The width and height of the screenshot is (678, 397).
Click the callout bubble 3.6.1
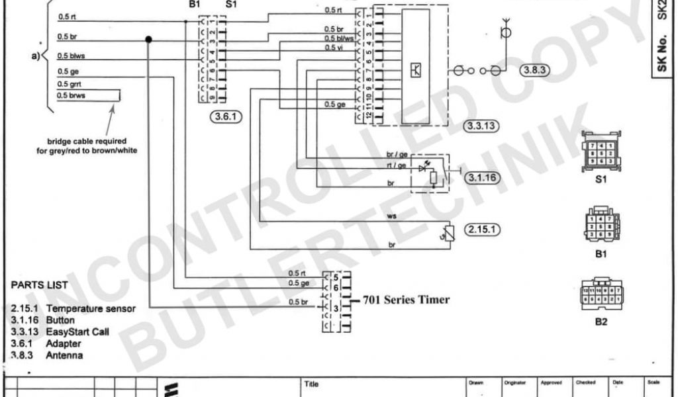coord(226,118)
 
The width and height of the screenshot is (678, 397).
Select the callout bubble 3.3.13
coord(481,125)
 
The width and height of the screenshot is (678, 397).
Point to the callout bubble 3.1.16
coord(481,177)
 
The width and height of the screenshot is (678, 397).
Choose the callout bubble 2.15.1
coord(482,230)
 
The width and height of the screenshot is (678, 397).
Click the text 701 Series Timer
coord(406,300)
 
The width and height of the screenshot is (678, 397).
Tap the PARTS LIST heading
coord(40,285)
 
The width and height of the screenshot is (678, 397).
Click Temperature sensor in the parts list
coord(91,309)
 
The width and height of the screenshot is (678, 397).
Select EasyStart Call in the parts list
coord(77,332)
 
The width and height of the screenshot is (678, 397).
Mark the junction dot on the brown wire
coord(148,40)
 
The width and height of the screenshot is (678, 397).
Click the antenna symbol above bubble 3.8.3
coord(507,31)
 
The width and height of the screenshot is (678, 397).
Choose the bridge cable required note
coord(92,146)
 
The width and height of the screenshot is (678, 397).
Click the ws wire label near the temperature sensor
coord(391,216)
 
